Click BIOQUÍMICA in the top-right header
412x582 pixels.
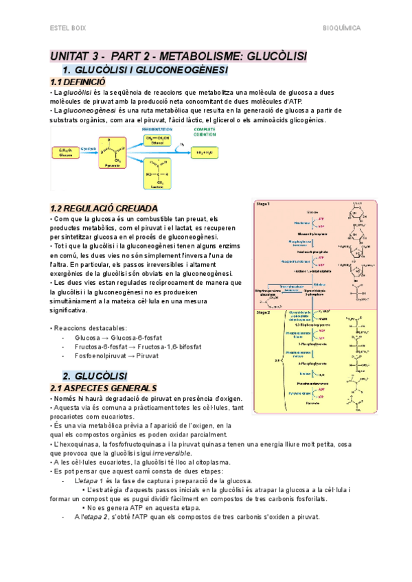pyautogui.click(x=342, y=29)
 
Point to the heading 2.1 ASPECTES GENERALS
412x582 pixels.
pyautogui.click(x=104, y=388)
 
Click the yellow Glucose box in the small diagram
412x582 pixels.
pyautogui.click(x=67, y=152)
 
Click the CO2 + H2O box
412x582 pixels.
pyautogui.click(x=208, y=152)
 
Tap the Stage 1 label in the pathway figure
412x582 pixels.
pyautogui.click(x=262, y=205)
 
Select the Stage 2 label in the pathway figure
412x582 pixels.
pyautogui.click(x=262, y=312)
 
